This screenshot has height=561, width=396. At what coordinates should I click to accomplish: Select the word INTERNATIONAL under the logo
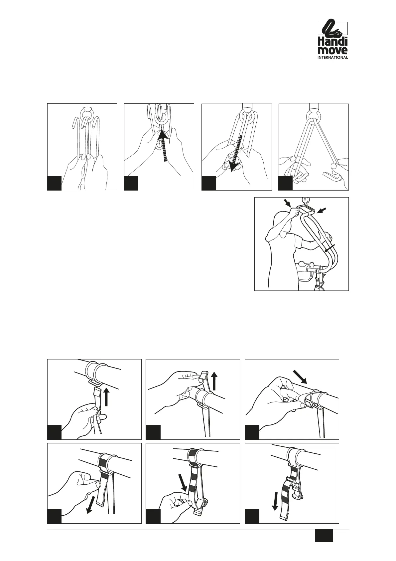click(x=332, y=57)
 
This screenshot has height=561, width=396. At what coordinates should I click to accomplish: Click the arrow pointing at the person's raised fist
click(x=287, y=203)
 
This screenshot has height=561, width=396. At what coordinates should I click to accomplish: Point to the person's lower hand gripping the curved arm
click(x=328, y=236)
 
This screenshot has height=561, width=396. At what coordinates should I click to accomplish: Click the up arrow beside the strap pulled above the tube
click(x=214, y=381)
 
